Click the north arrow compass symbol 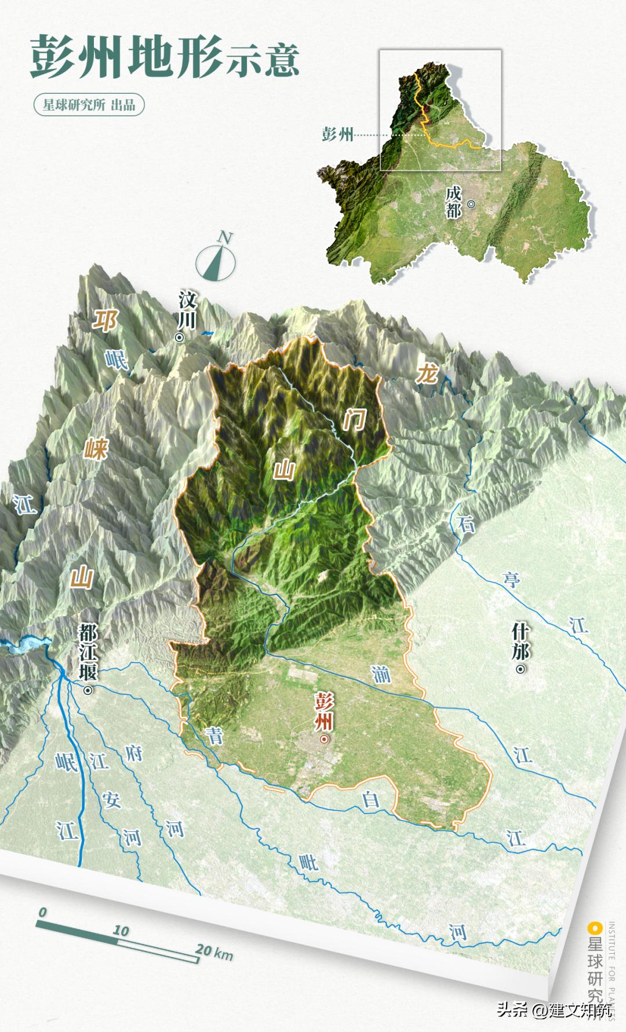[x=216, y=259]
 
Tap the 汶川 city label [x=187, y=309]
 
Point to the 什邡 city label [x=520, y=641]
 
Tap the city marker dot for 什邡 [x=521, y=669]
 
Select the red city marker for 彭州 [x=324, y=739]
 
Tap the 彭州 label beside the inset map [x=337, y=135]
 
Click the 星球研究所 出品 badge [x=88, y=105]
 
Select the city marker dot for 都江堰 [x=88, y=690]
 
